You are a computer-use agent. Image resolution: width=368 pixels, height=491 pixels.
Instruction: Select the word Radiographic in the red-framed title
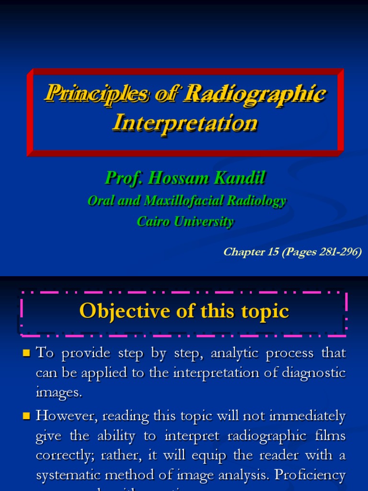point(254,93)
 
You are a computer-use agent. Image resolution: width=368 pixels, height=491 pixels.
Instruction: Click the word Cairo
point(152,222)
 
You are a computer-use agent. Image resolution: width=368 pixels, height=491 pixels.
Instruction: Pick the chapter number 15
point(273,252)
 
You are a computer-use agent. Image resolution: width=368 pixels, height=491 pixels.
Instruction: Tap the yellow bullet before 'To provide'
point(27,354)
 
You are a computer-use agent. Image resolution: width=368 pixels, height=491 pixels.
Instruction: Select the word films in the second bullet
point(332,436)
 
